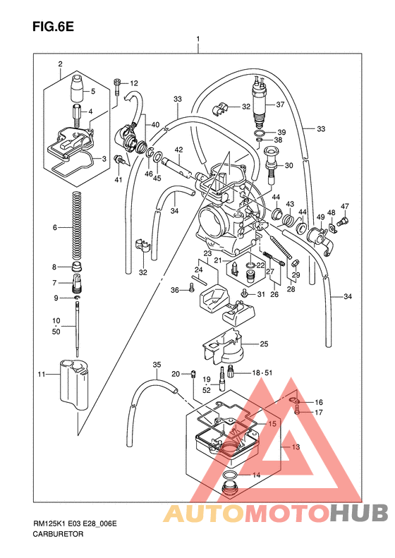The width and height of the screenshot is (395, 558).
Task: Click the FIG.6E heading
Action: tap(53, 28)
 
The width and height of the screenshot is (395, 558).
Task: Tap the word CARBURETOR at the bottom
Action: tap(58, 535)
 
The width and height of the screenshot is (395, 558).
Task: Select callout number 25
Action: tap(265, 344)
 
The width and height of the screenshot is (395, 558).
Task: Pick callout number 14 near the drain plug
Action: tap(257, 475)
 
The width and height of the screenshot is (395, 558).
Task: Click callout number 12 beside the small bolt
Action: tap(133, 83)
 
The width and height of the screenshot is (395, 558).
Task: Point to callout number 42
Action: tap(179, 150)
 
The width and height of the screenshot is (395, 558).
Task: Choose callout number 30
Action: tap(288, 166)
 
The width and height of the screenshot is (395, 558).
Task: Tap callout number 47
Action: tap(345, 206)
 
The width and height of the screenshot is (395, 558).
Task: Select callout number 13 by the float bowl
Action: tap(296, 447)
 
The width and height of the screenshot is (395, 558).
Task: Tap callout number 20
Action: tap(176, 373)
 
